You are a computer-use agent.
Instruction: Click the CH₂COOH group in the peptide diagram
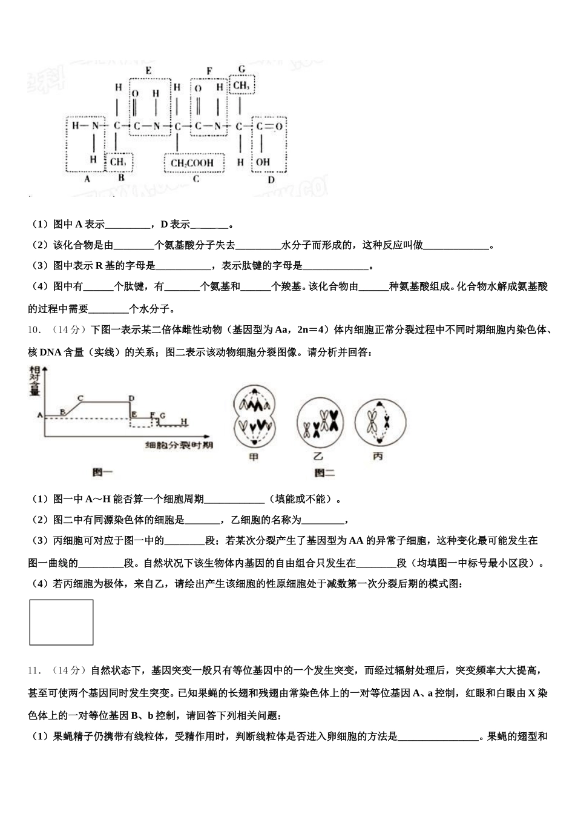click(x=192, y=163)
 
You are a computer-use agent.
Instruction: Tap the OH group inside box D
click(x=263, y=162)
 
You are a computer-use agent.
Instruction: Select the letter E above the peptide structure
click(x=148, y=71)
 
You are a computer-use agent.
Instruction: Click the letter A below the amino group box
click(x=87, y=179)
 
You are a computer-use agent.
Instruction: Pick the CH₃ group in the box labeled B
click(x=118, y=162)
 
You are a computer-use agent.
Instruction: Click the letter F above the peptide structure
click(x=209, y=71)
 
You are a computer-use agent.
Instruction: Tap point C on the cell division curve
click(x=80, y=398)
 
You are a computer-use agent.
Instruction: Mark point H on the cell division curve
click(x=184, y=421)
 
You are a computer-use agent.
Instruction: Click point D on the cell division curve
click(x=131, y=398)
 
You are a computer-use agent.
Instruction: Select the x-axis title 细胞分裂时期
click(x=179, y=446)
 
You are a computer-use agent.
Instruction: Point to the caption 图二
click(x=324, y=472)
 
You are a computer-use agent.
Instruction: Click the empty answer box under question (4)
click(x=61, y=622)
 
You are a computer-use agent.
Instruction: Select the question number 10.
click(x=34, y=330)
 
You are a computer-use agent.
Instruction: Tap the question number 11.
click(x=34, y=670)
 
